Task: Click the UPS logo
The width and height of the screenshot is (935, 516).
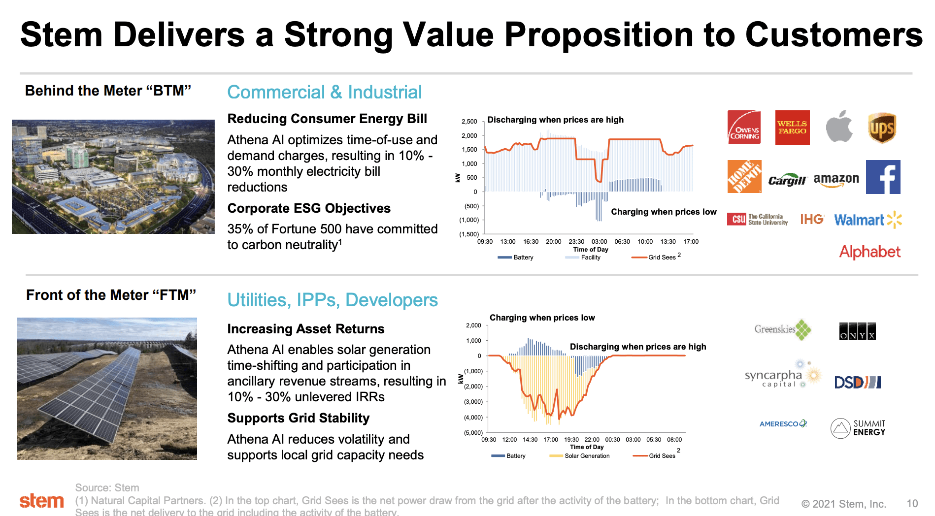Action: pos(881,128)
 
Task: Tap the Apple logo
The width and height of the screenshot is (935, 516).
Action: pos(839,127)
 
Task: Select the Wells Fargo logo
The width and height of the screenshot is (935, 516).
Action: pos(792,128)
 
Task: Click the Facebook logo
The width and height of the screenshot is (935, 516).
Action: pos(883,177)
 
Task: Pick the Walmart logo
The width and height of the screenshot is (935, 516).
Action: pos(868,220)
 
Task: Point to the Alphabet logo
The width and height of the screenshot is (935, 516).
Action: pos(869,252)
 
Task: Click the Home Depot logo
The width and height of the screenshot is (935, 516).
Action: pos(744,176)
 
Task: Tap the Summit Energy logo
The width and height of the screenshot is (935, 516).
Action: pos(858,428)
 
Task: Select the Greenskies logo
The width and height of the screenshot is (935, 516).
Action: pos(782,329)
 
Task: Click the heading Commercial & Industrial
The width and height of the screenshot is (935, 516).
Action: pos(324,92)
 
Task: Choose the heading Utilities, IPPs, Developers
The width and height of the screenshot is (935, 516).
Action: pos(332,300)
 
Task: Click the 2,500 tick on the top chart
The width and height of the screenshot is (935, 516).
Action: pos(469,122)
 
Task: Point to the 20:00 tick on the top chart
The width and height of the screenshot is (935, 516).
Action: pos(553,242)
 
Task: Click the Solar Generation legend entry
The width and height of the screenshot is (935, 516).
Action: pos(586,456)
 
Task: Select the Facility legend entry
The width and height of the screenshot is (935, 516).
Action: pos(590,258)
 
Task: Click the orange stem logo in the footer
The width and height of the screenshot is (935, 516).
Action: pos(41,501)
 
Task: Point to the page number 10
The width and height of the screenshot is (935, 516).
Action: pos(912,504)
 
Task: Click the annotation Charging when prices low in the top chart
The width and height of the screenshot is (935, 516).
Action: pos(663,212)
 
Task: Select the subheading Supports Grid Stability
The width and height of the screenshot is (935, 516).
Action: pos(298,418)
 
